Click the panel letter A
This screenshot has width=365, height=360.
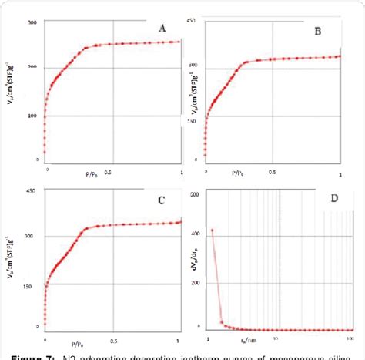162,29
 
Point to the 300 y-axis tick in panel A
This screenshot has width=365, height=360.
32,22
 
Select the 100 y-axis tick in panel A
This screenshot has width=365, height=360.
32,116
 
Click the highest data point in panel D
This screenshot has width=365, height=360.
212,230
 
